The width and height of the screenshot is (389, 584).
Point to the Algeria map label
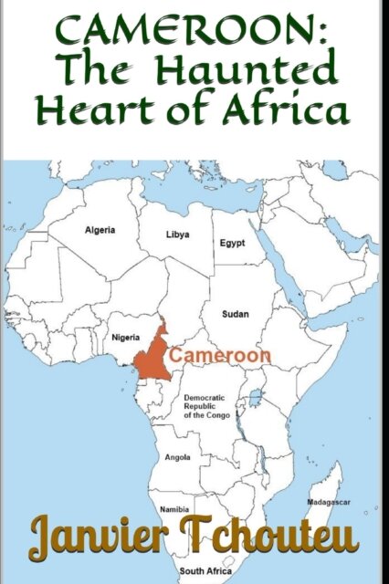pos(100,230)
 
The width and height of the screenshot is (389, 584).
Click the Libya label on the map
pos(177,235)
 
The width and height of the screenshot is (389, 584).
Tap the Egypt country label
pos(232,244)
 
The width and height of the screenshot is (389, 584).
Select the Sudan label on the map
pos(236,314)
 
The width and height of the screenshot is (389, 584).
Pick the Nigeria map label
pos(125,338)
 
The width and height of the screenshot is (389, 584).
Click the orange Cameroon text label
pos(220,354)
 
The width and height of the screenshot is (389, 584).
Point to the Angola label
pos(177,457)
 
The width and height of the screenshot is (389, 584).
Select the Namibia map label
pos(174,508)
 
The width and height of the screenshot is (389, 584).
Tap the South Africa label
pos(205,571)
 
